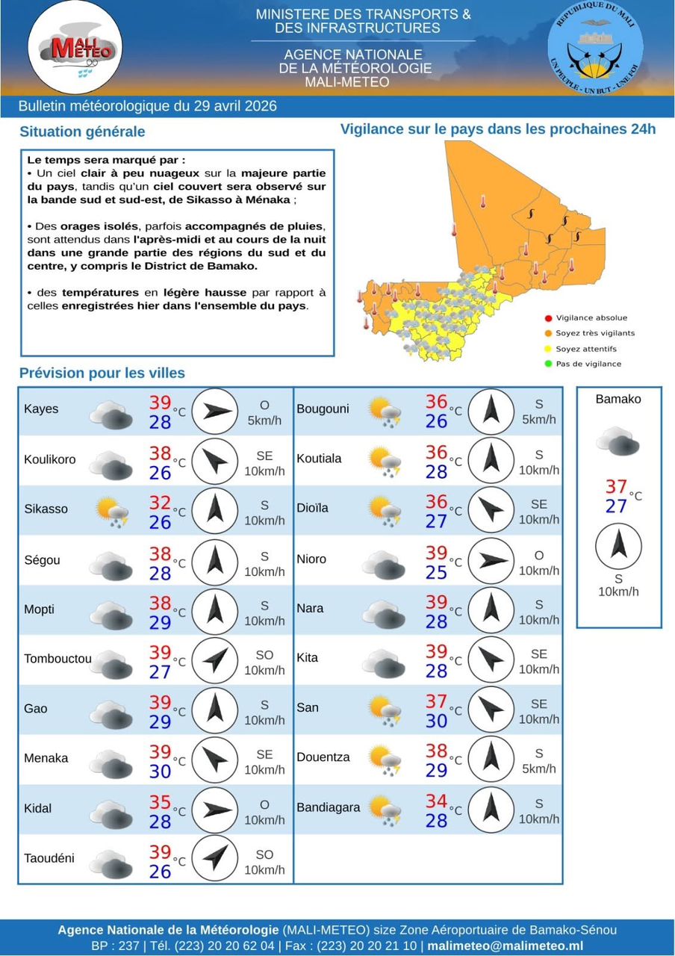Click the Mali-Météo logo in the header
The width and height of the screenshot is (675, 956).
[x=75, y=46]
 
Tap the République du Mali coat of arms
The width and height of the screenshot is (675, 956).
[x=595, y=47]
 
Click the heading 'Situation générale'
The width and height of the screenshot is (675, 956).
[x=82, y=131]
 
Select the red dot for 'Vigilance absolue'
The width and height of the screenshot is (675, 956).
[x=548, y=318]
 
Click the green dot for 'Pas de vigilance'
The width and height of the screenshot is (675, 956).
[x=548, y=364]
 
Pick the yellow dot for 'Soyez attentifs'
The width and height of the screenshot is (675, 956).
[x=548, y=349]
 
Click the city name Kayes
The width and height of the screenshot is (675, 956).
[x=41, y=409]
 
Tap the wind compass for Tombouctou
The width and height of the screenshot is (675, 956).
[x=215, y=659]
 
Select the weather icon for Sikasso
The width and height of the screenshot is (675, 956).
[x=113, y=512]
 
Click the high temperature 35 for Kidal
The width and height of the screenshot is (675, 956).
[x=160, y=802]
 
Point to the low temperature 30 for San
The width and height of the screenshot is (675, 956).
[x=436, y=721]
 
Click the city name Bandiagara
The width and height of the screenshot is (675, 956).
[x=329, y=807]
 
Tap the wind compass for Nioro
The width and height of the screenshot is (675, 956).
[x=491, y=560]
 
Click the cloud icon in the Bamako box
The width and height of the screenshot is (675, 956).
[x=618, y=441]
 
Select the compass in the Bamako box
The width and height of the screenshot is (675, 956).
[x=618, y=545]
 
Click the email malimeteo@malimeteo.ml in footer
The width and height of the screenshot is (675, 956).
[x=505, y=946]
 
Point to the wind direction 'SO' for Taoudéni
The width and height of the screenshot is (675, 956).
[x=264, y=854]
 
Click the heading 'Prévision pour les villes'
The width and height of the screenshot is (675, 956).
[x=102, y=373]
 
